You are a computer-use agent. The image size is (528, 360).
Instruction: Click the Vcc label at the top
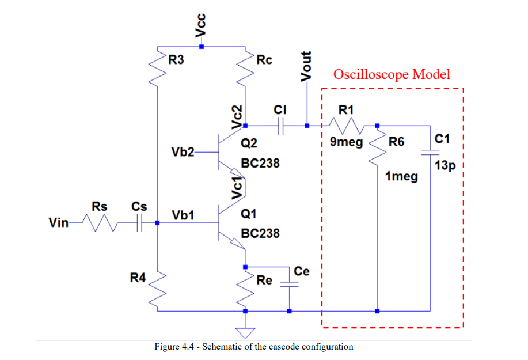coord(200,25)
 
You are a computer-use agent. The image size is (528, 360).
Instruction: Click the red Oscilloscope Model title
coord(392,74)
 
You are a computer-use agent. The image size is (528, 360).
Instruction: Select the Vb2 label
coord(183,152)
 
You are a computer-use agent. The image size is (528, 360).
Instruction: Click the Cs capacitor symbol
coord(139,224)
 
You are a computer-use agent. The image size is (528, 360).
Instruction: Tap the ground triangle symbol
coord(245,331)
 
